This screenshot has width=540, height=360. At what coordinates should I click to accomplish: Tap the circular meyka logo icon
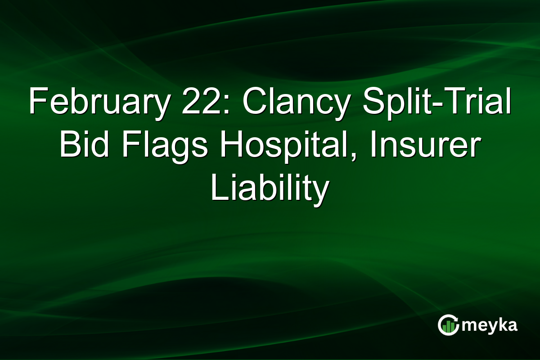coord(448,325)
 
